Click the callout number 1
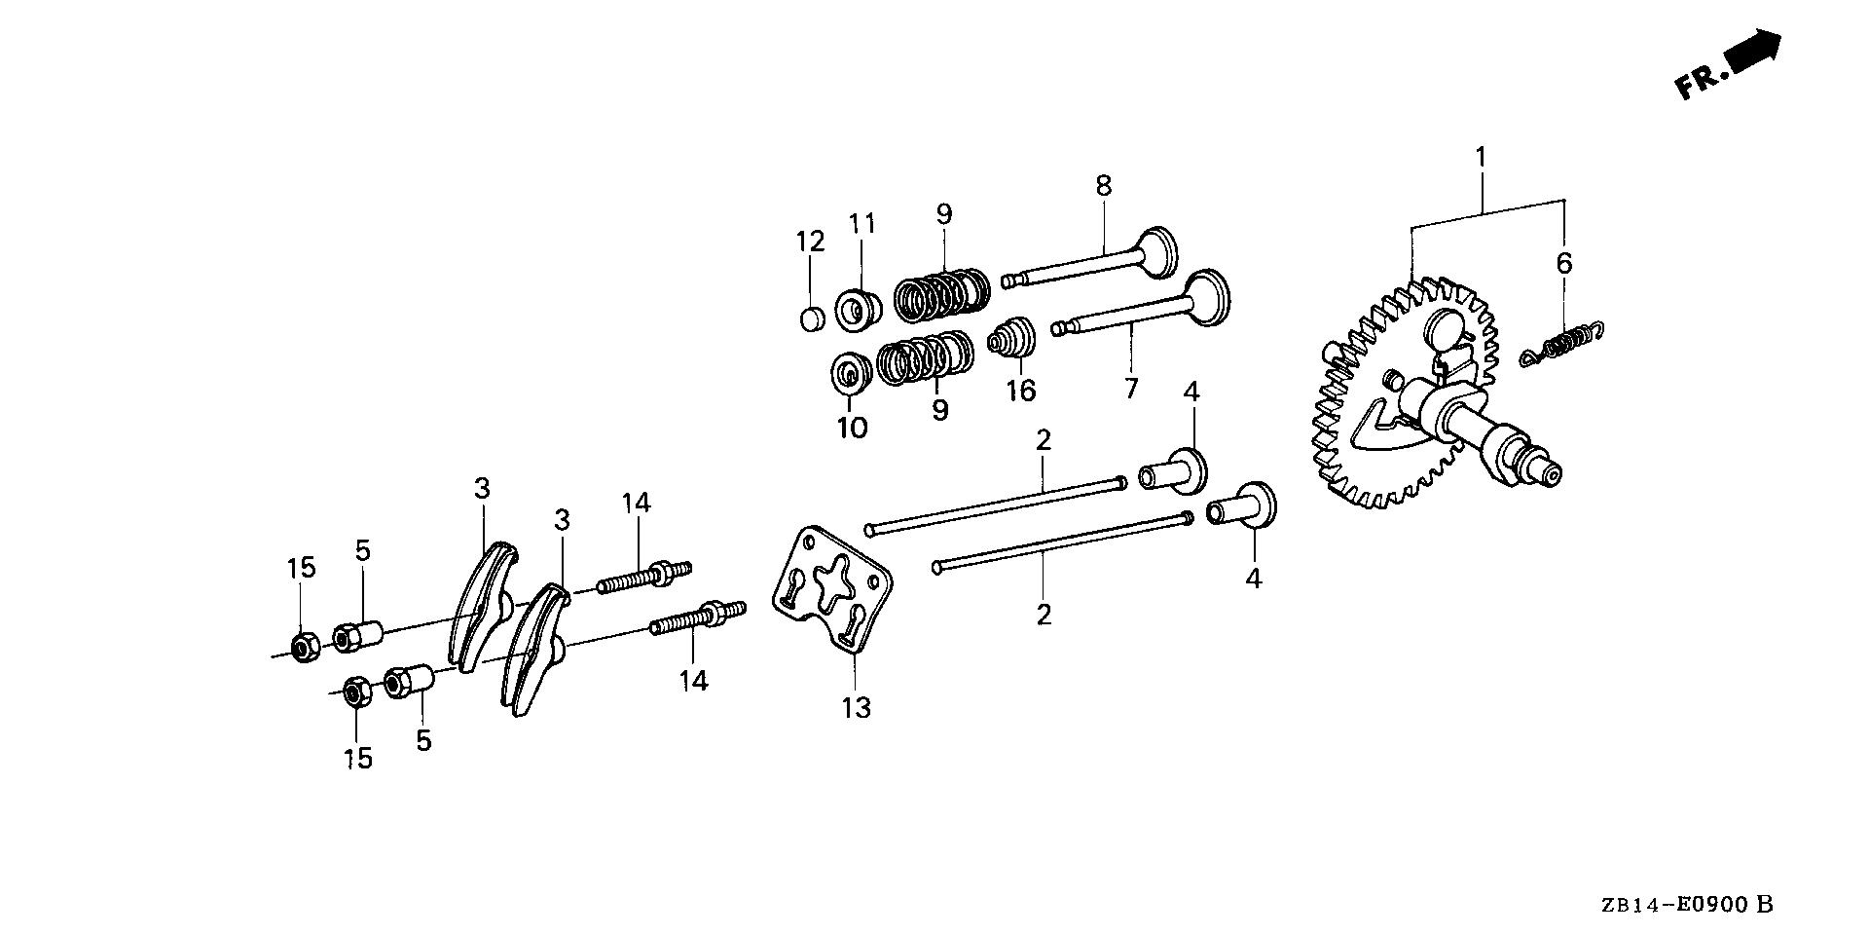(x=1481, y=157)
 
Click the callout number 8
(x=1103, y=186)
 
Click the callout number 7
(x=1130, y=389)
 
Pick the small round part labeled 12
(x=811, y=318)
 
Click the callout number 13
(x=857, y=708)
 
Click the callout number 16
(x=1021, y=391)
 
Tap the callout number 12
(x=811, y=242)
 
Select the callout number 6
(x=1564, y=263)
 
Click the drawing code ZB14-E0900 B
(x=1700, y=905)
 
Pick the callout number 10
(x=852, y=428)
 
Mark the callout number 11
(x=861, y=224)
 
